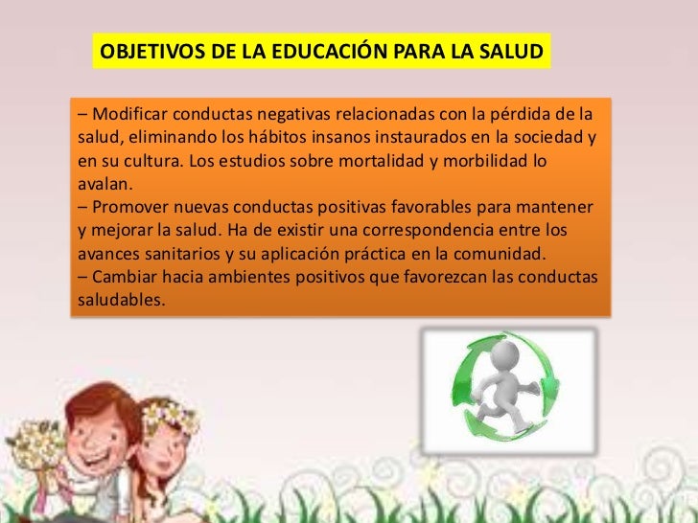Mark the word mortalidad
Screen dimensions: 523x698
click(381, 161)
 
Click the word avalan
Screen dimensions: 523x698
click(103, 185)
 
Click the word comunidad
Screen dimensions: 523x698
click(502, 254)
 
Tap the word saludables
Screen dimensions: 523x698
click(118, 300)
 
